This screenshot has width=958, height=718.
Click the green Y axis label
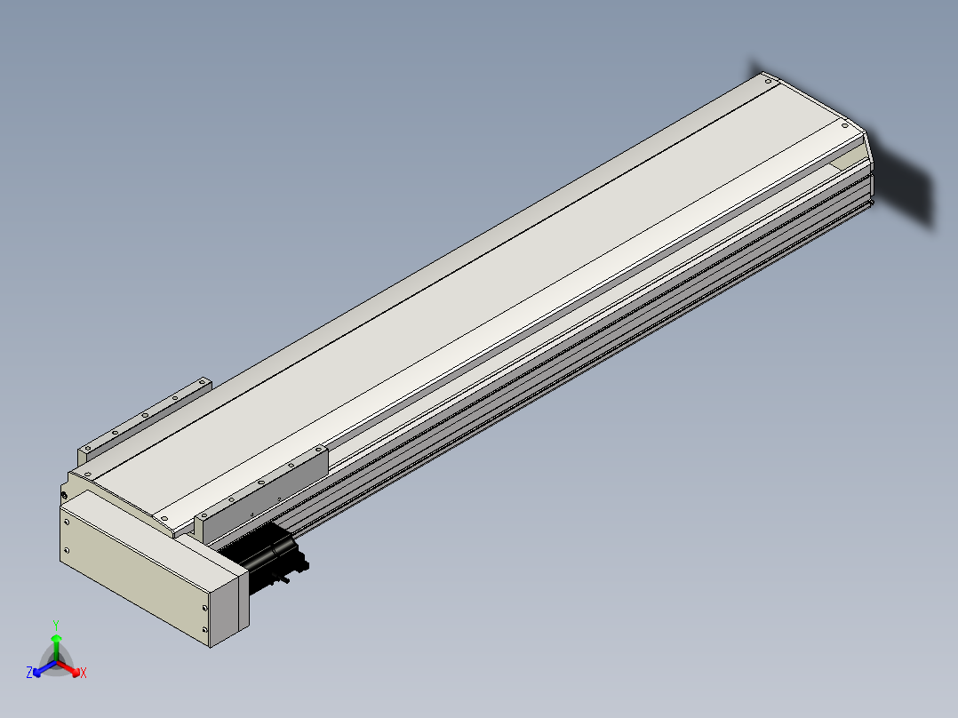(56, 626)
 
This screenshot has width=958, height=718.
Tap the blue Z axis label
(28, 673)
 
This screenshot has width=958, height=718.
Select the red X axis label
(84, 673)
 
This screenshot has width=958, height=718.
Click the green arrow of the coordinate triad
(56, 647)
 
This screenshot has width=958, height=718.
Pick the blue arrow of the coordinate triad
(44, 668)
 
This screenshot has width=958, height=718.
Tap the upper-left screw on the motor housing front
(68, 522)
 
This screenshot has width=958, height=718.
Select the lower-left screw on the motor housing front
(67, 551)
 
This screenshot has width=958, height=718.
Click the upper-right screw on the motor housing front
(204, 608)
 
